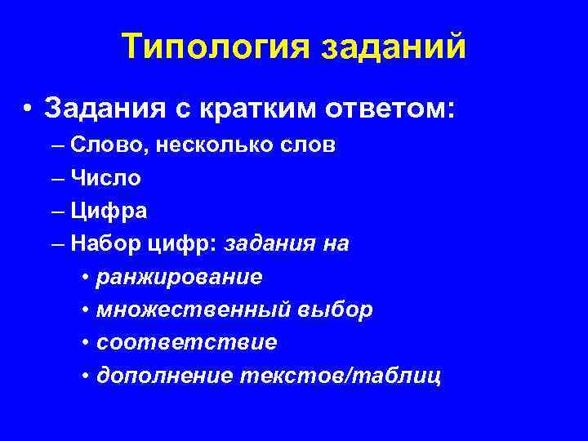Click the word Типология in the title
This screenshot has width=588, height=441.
[x=214, y=47]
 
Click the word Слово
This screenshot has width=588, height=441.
[x=101, y=146]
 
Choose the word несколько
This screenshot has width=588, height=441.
[x=203, y=146]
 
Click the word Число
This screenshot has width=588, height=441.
[x=105, y=178]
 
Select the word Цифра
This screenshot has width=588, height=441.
[x=109, y=211]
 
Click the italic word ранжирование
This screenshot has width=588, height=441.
[x=179, y=277]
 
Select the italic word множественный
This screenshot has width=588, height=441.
[x=191, y=310]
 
